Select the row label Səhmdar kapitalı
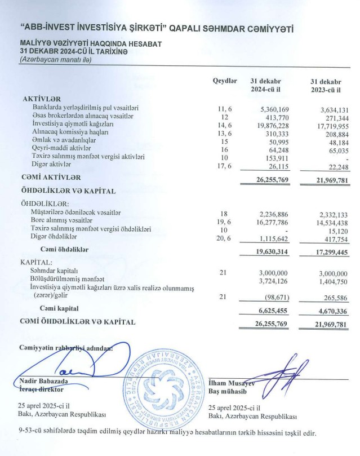pyautogui.click(x=56, y=272)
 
